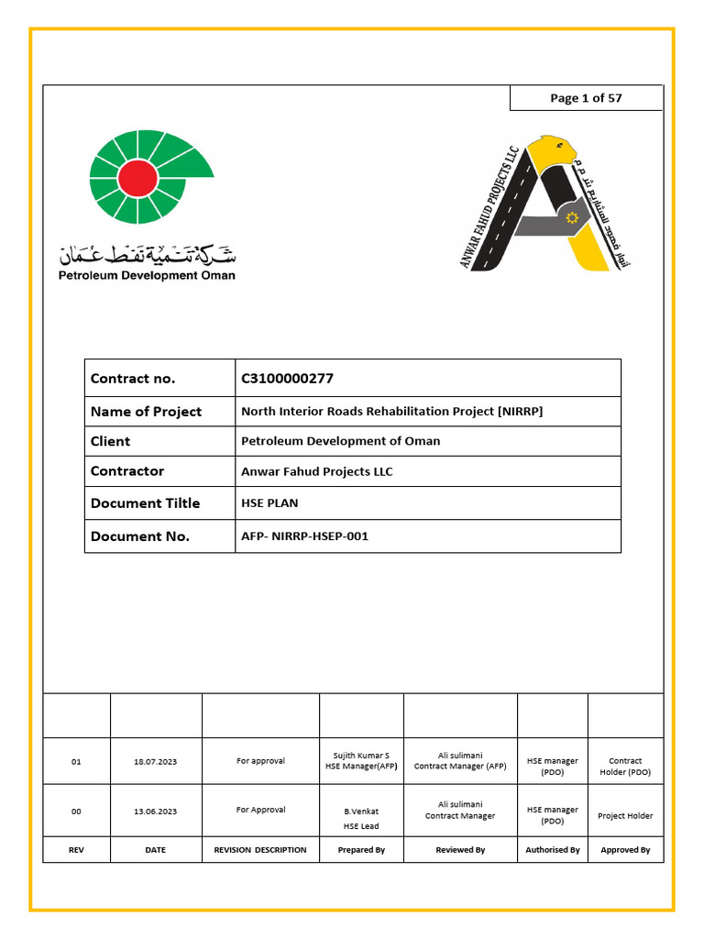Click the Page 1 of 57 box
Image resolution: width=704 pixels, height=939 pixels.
pyautogui.click(x=586, y=98)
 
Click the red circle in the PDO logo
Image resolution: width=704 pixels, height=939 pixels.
pyautogui.click(x=137, y=177)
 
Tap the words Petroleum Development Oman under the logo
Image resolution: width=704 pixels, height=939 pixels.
pyautogui.click(x=147, y=275)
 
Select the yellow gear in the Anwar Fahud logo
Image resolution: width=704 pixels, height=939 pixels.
pyautogui.click(x=573, y=218)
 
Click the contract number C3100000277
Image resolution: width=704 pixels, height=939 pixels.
pyautogui.click(x=281, y=378)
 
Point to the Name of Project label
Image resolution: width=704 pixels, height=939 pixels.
pyautogui.click(x=146, y=412)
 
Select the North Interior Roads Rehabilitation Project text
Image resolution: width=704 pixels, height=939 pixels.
pyautogui.click(x=391, y=412)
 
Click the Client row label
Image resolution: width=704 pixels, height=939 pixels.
pyautogui.click(x=110, y=441)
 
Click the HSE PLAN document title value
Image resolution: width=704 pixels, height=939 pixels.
pyautogui.click(x=269, y=503)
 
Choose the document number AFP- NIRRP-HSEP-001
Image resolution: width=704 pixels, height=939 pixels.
pyautogui.click(x=304, y=536)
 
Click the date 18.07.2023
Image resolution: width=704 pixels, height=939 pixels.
pyautogui.click(x=155, y=762)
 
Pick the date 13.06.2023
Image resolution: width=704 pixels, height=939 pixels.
pyautogui.click(x=155, y=812)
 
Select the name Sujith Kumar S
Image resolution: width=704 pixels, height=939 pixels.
pyautogui.click(x=361, y=756)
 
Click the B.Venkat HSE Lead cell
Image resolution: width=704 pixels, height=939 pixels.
pyautogui.click(x=361, y=818)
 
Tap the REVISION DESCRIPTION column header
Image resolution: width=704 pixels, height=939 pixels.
pyautogui.click(x=260, y=850)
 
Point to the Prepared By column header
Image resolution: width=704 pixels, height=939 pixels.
pyautogui.click(x=361, y=850)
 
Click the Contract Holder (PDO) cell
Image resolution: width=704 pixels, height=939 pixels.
pyautogui.click(x=625, y=767)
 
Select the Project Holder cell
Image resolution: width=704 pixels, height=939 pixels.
pyautogui.click(x=625, y=815)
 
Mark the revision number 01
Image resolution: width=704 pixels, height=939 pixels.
pyautogui.click(x=77, y=762)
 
